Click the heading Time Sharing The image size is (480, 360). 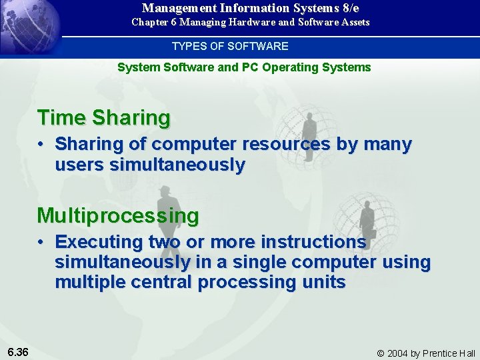104,118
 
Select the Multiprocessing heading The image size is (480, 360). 118,216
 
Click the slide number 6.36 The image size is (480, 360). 18,352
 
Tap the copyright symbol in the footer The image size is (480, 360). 381,353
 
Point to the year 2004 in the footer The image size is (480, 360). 398,353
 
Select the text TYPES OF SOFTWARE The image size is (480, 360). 230,47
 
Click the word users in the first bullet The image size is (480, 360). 79,165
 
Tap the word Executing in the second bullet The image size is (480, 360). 99,241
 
